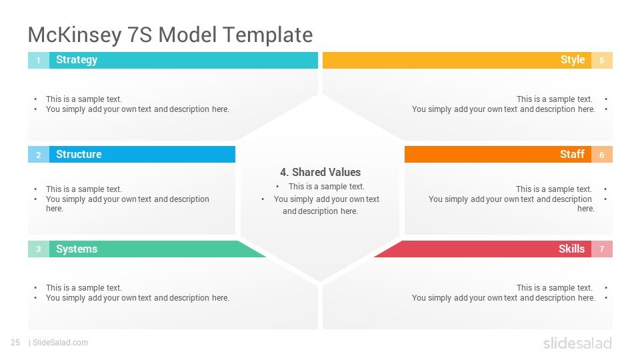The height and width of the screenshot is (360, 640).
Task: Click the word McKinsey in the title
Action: point(75,35)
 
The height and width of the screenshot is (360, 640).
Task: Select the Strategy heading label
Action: point(77,60)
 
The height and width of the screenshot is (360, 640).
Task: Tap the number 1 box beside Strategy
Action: point(39,61)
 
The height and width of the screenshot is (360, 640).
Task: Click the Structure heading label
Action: point(79,154)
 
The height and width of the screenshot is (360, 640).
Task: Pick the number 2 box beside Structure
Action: point(39,155)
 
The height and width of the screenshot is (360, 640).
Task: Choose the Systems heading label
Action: point(77,249)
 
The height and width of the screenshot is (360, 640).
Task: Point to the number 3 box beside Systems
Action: point(39,249)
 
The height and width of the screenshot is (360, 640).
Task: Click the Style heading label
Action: point(573,60)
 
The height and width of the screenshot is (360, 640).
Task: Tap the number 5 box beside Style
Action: point(601,61)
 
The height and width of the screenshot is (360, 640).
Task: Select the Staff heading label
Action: point(572,154)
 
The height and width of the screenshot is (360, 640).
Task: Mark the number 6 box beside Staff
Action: point(601,155)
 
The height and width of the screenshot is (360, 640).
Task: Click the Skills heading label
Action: point(571,249)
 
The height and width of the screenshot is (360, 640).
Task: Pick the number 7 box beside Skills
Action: point(601,249)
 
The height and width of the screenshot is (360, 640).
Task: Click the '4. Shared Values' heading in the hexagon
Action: point(321,172)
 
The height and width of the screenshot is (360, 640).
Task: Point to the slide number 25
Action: point(15,343)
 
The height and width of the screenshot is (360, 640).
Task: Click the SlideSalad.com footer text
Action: point(61,343)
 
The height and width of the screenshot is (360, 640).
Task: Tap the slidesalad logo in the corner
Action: point(577,343)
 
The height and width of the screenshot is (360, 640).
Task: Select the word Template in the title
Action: point(268,35)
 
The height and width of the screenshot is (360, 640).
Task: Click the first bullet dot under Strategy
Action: point(35,99)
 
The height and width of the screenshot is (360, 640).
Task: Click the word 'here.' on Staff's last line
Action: point(586,209)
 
